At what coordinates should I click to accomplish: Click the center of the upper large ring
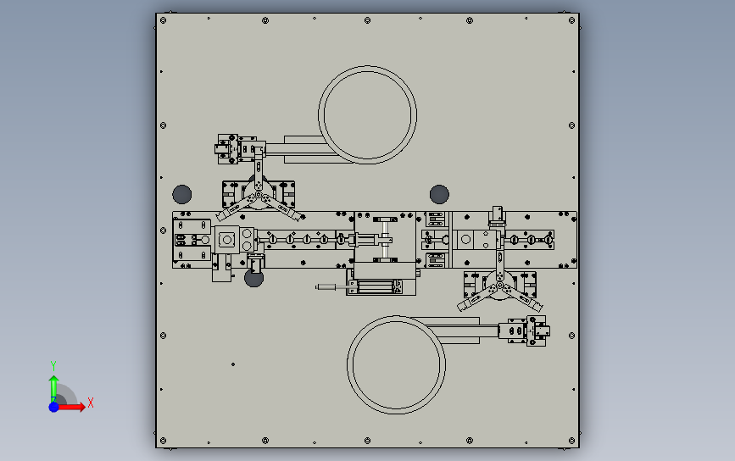coord(368,67)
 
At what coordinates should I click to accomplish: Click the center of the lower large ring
coord(397,316)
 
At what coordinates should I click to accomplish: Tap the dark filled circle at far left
coord(182,194)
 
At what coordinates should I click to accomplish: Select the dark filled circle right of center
coord(439,194)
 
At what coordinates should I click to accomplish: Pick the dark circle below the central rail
coord(254,279)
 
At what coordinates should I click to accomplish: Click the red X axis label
coord(91,403)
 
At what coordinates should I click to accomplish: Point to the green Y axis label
coord(53,365)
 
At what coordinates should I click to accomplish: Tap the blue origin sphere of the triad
coord(54,407)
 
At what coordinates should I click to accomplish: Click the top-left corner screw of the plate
coord(163,20)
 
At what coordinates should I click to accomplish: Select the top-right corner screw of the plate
coord(572,20)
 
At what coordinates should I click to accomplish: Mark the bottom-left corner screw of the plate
coord(163,441)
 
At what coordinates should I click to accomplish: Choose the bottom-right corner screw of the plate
coord(572,441)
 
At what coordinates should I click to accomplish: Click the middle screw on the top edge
coord(368,20)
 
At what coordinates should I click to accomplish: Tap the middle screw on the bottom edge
coord(368,441)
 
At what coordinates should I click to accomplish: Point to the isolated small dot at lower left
coord(233,364)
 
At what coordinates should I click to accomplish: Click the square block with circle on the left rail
coord(227,240)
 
